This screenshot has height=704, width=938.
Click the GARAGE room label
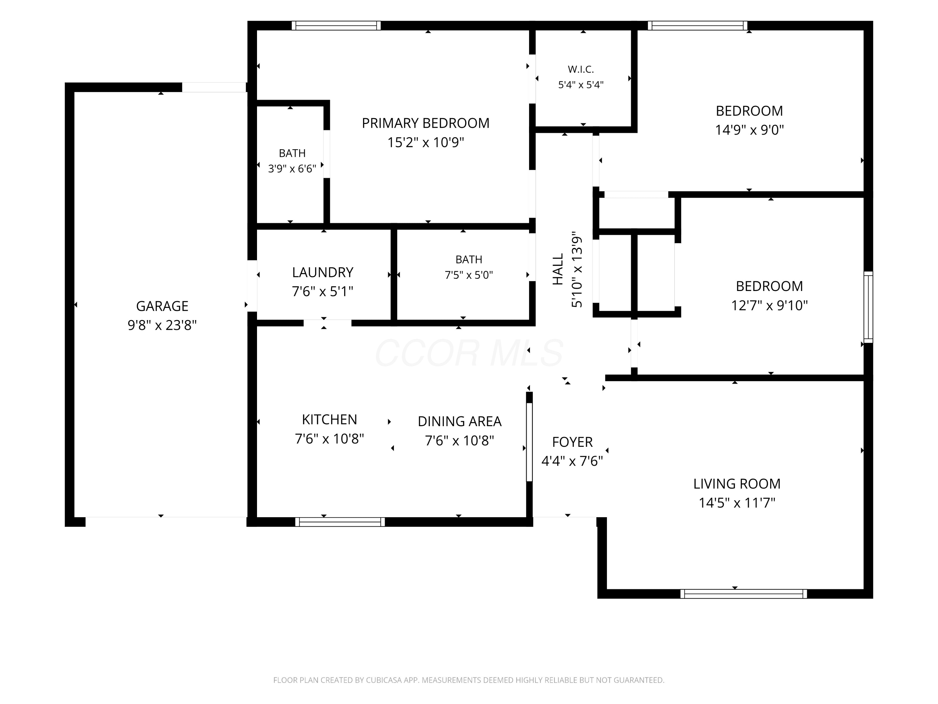[x=162, y=306]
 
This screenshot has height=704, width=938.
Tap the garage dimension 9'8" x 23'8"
[x=162, y=325]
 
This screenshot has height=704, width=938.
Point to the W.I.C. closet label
[x=581, y=69]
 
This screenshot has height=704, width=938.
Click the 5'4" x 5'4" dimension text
[x=581, y=84]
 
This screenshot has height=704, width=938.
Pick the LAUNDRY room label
[x=323, y=272]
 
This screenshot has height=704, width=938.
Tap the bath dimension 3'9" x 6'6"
[x=292, y=168]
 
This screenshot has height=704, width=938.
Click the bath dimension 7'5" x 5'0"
[x=469, y=275]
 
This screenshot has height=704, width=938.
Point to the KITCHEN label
[x=330, y=419]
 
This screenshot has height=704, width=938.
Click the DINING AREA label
[x=460, y=421]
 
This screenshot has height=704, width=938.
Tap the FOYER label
[x=572, y=442]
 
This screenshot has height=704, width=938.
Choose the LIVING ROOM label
[x=737, y=484]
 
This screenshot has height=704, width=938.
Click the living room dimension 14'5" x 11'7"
[x=737, y=503]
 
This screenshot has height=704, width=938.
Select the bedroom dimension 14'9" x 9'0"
[x=749, y=130]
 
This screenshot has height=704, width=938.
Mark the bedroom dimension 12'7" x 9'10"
[x=769, y=305]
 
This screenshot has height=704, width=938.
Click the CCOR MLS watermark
[x=469, y=353]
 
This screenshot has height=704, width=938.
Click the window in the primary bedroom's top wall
[x=336, y=25]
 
